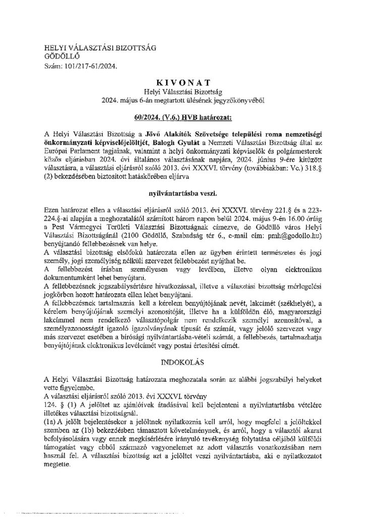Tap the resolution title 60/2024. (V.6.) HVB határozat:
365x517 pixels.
[182, 118]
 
